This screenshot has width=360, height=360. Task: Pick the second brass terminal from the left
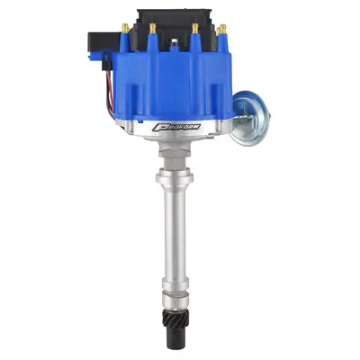151,29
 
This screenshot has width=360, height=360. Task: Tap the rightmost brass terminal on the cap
220,30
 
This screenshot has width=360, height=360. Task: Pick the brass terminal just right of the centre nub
194,29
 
